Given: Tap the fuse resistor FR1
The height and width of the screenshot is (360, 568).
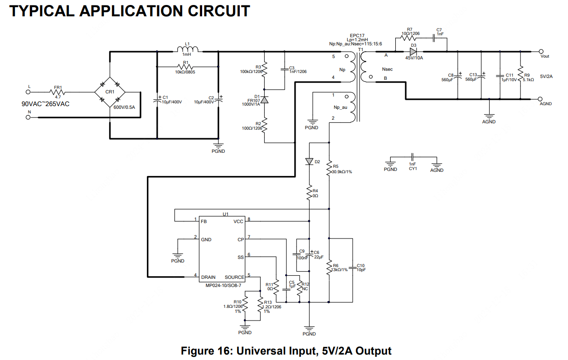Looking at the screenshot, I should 58,92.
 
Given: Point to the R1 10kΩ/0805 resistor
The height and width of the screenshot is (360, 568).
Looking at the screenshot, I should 186,67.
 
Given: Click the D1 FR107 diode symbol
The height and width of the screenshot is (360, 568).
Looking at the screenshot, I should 265,99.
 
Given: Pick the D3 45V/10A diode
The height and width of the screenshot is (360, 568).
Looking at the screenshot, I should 413,51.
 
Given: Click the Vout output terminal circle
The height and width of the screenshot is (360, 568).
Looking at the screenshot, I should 541,51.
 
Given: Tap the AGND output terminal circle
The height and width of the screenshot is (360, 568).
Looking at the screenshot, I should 541,99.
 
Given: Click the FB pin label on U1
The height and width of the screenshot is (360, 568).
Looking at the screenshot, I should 204,221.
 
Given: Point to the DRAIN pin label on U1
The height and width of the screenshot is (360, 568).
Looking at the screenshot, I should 209,277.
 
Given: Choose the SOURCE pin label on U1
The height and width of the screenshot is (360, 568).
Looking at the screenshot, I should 234,277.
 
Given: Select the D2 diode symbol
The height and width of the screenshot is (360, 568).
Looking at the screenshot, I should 309,161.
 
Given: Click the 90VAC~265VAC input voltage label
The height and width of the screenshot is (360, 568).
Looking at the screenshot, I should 46,104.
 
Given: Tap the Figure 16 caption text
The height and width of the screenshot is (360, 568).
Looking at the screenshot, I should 286,350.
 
